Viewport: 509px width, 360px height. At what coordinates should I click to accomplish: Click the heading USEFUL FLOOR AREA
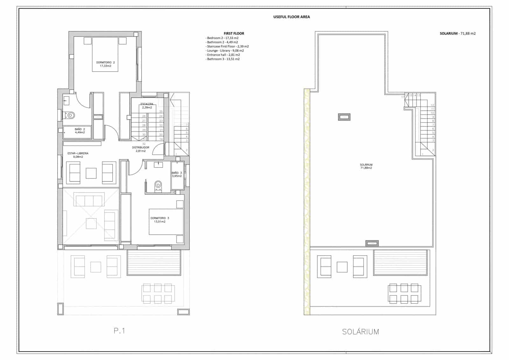(x=291, y=17)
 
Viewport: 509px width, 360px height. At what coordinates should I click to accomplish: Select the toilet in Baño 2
(x=70, y=115)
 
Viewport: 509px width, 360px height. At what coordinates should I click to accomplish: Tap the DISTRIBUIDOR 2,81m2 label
(x=141, y=149)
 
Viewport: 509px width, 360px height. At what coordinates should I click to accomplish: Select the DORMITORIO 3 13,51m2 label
(x=160, y=220)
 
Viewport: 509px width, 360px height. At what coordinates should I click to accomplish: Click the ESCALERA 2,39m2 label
(x=147, y=106)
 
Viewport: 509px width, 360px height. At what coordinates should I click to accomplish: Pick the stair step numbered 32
(x=144, y=144)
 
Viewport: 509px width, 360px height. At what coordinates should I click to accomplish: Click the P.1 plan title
(x=119, y=331)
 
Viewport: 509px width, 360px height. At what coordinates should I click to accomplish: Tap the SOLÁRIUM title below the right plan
(x=360, y=332)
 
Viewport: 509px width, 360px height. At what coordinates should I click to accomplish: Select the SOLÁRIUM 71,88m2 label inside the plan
(x=366, y=166)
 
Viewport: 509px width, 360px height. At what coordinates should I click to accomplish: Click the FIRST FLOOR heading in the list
(x=234, y=33)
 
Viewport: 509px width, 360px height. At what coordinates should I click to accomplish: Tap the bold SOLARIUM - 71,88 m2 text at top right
(x=457, y=33)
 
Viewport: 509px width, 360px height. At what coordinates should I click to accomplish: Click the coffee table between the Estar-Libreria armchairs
(x=91, y=173)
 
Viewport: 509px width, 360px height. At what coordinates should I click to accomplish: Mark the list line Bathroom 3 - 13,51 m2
(x=223, y=59)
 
